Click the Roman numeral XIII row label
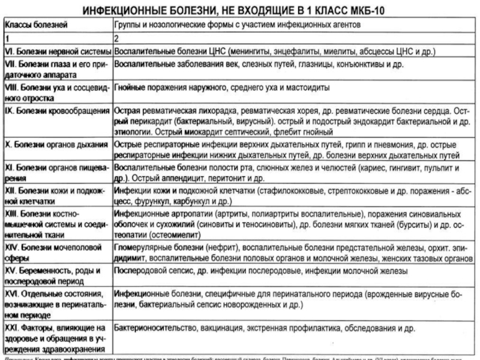click(x=13, y=215)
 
